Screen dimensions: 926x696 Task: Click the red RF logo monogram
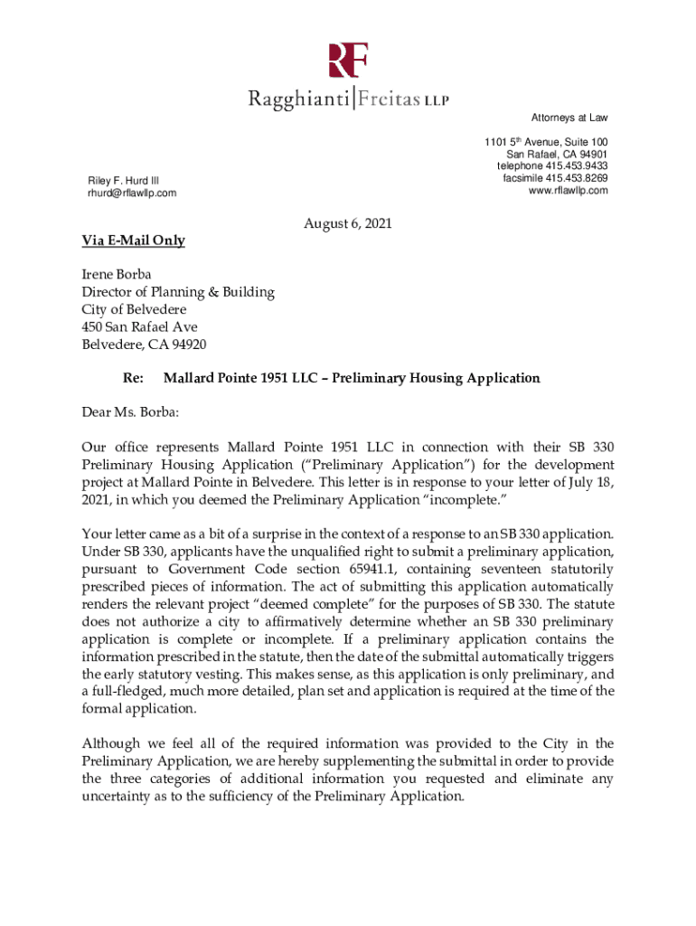(348, 62)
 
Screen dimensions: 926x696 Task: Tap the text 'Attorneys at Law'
(569, 118)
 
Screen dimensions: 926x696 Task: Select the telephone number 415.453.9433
(573, 166)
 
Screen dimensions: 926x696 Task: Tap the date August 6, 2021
(348, 223)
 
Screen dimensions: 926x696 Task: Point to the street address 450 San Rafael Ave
(140, 326)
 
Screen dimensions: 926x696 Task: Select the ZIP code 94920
(188, 344)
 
